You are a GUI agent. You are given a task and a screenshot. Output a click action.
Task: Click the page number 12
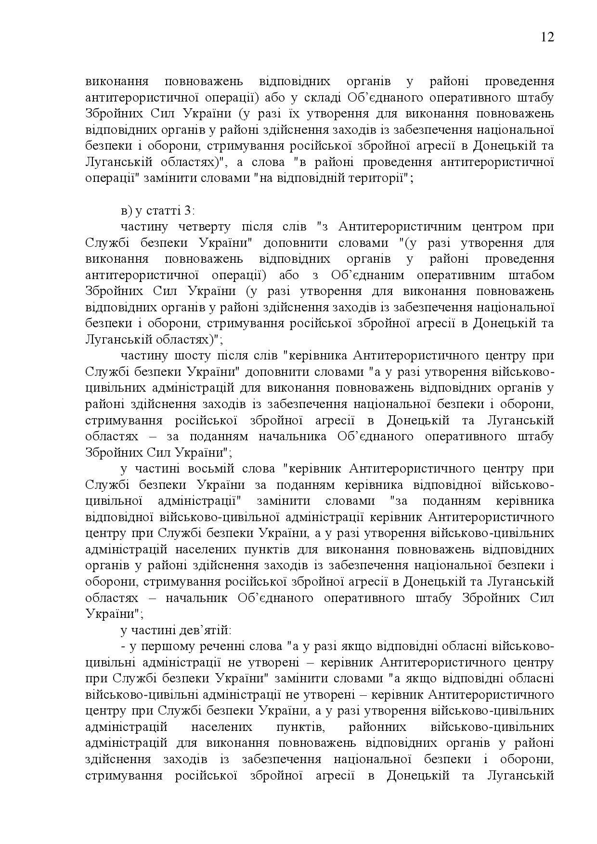click(547, 37)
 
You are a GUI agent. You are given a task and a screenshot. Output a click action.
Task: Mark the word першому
click(157, 646)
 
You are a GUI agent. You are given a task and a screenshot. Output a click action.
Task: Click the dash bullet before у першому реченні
click(123, 646)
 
